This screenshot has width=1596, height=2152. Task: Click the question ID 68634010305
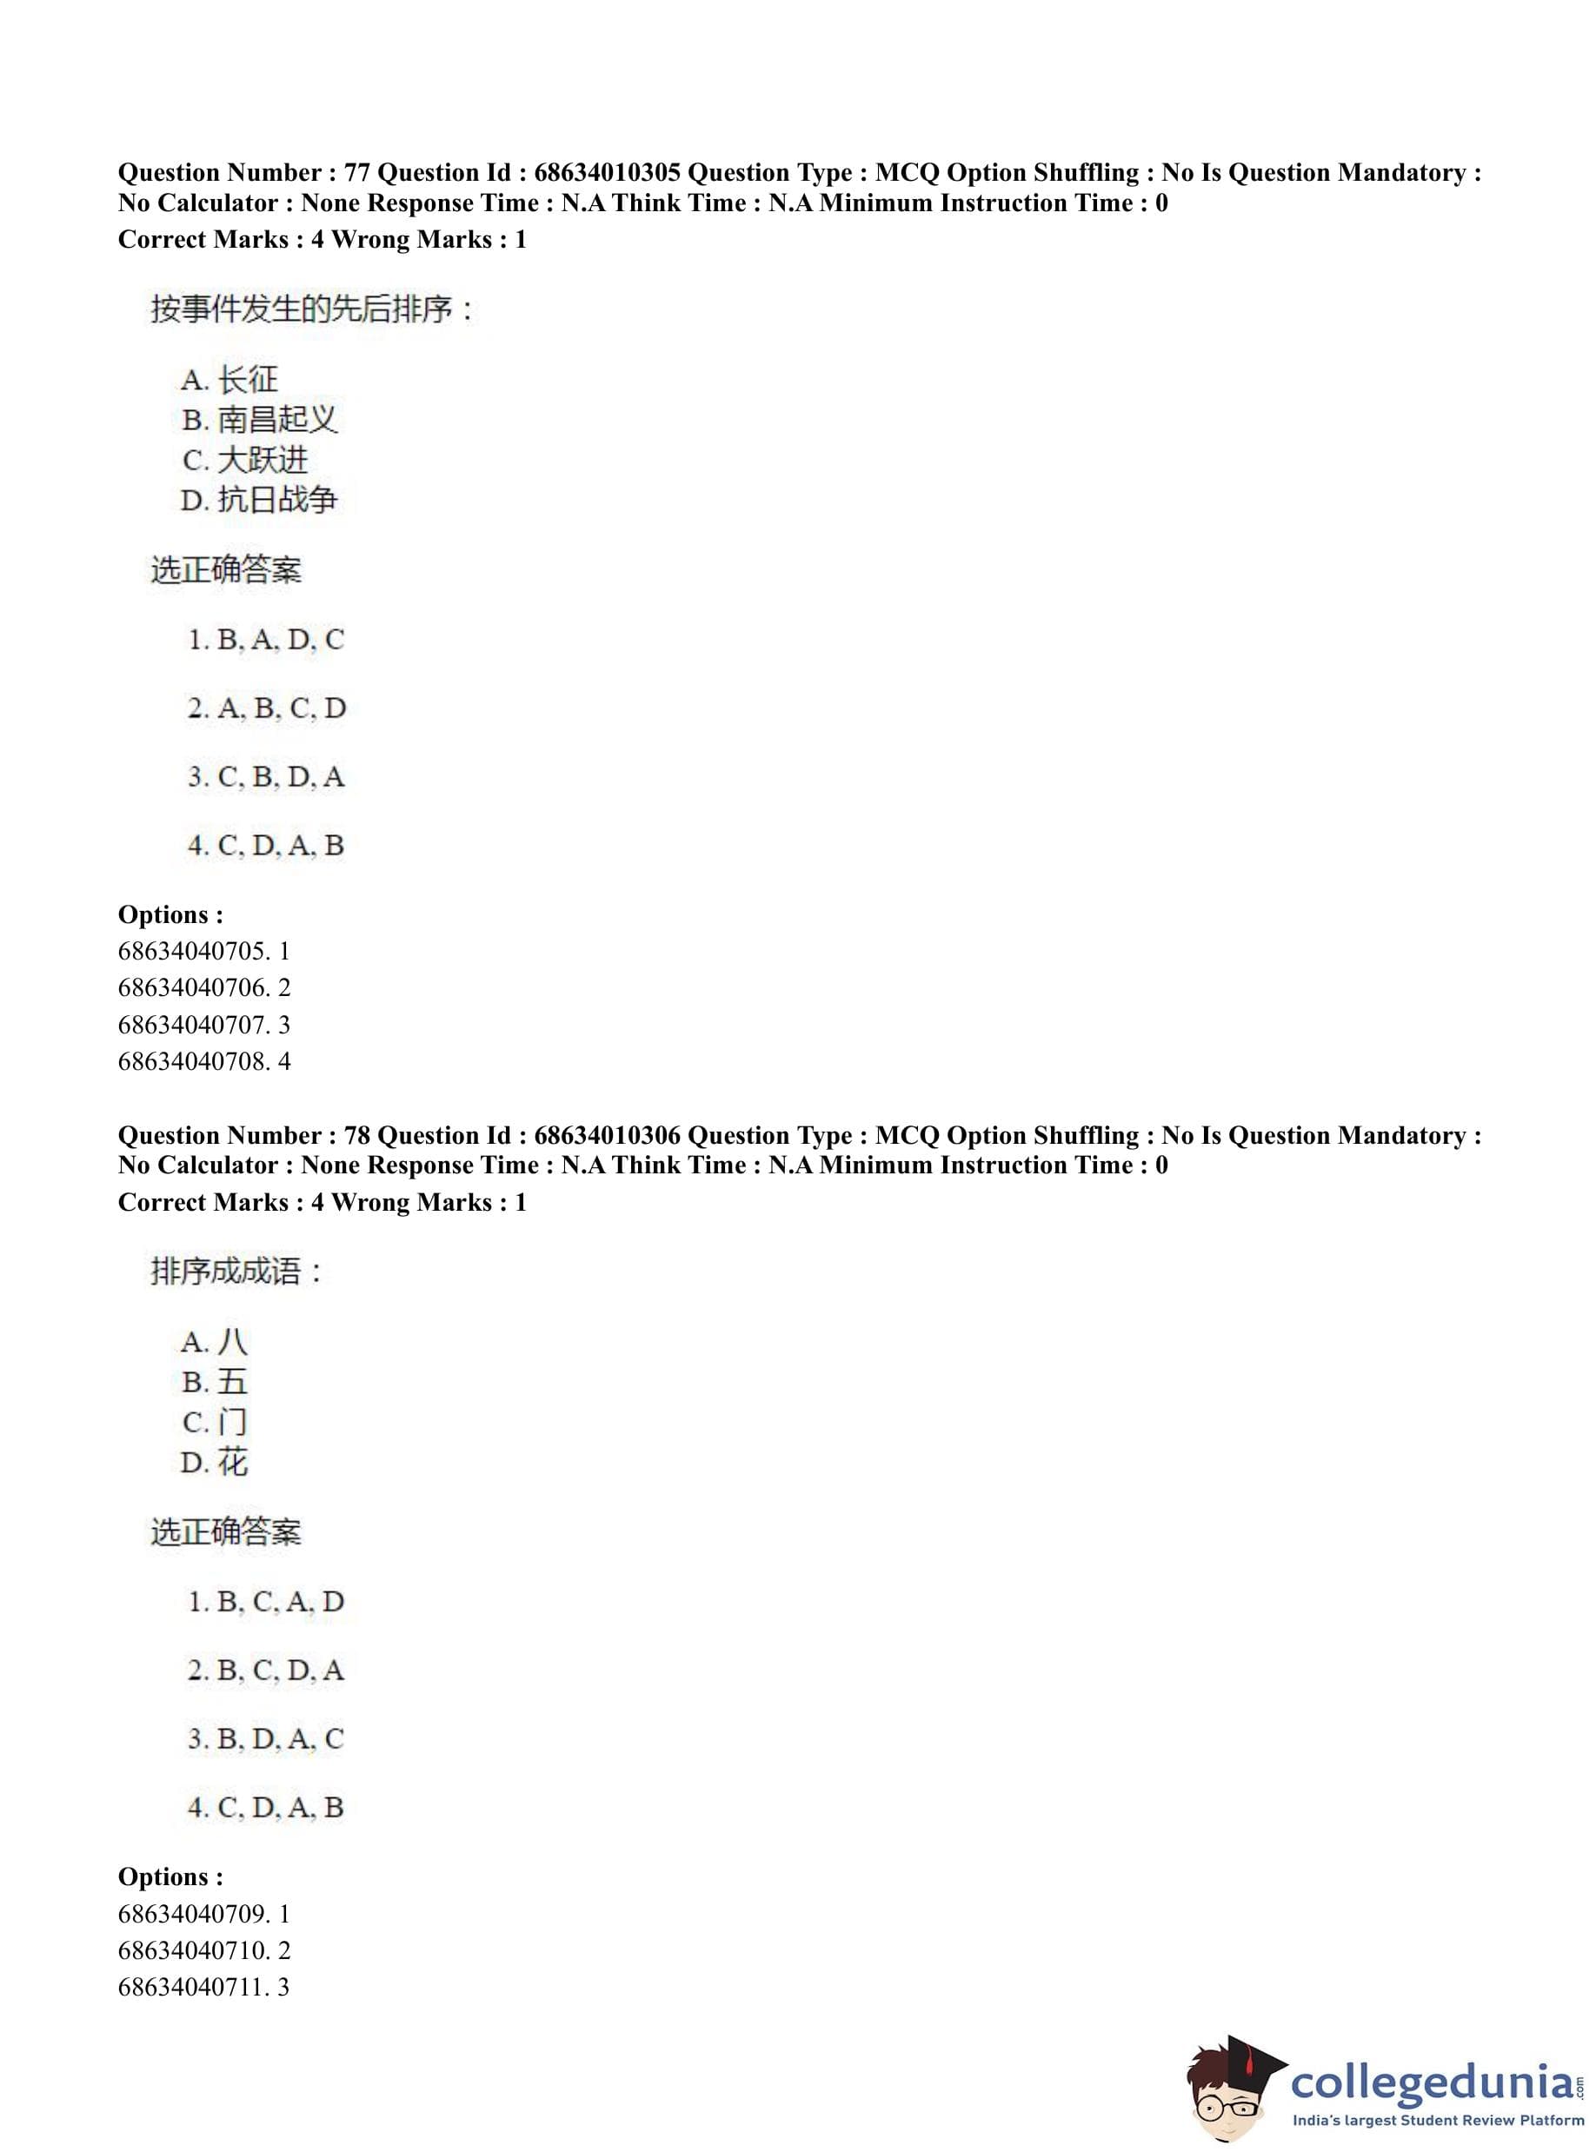pyautogui.click(x=607, y=173)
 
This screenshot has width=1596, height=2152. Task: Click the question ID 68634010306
pyautogui.click(x=607, y=1135)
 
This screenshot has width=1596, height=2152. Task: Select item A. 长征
pyautogui.click(x=229, y=380)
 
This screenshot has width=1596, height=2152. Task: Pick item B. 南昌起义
pyautogui.click(x=259, y=420)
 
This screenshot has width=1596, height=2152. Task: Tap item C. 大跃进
pyautogui.click(x=244, y=460)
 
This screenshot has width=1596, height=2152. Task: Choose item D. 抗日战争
pyautogui.click(x=259, y=501)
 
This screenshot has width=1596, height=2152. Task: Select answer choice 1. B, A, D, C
pyautogui.click(x=266, y=640)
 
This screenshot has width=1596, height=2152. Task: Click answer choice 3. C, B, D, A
pyautogui.click(x=266, y=776)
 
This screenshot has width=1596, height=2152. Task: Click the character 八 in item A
pyautogui.click(x=233, y=1342)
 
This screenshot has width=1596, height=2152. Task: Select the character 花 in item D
pyautogui.click(x=233, y=1463)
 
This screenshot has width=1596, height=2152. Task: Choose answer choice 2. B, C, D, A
pyautogui.click(x=266, y=1670)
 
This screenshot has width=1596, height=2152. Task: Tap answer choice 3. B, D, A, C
pyautogui.click(x=266, y=1738)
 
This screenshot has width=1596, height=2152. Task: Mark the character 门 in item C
pyautogui.click(x=233, y=1422)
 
